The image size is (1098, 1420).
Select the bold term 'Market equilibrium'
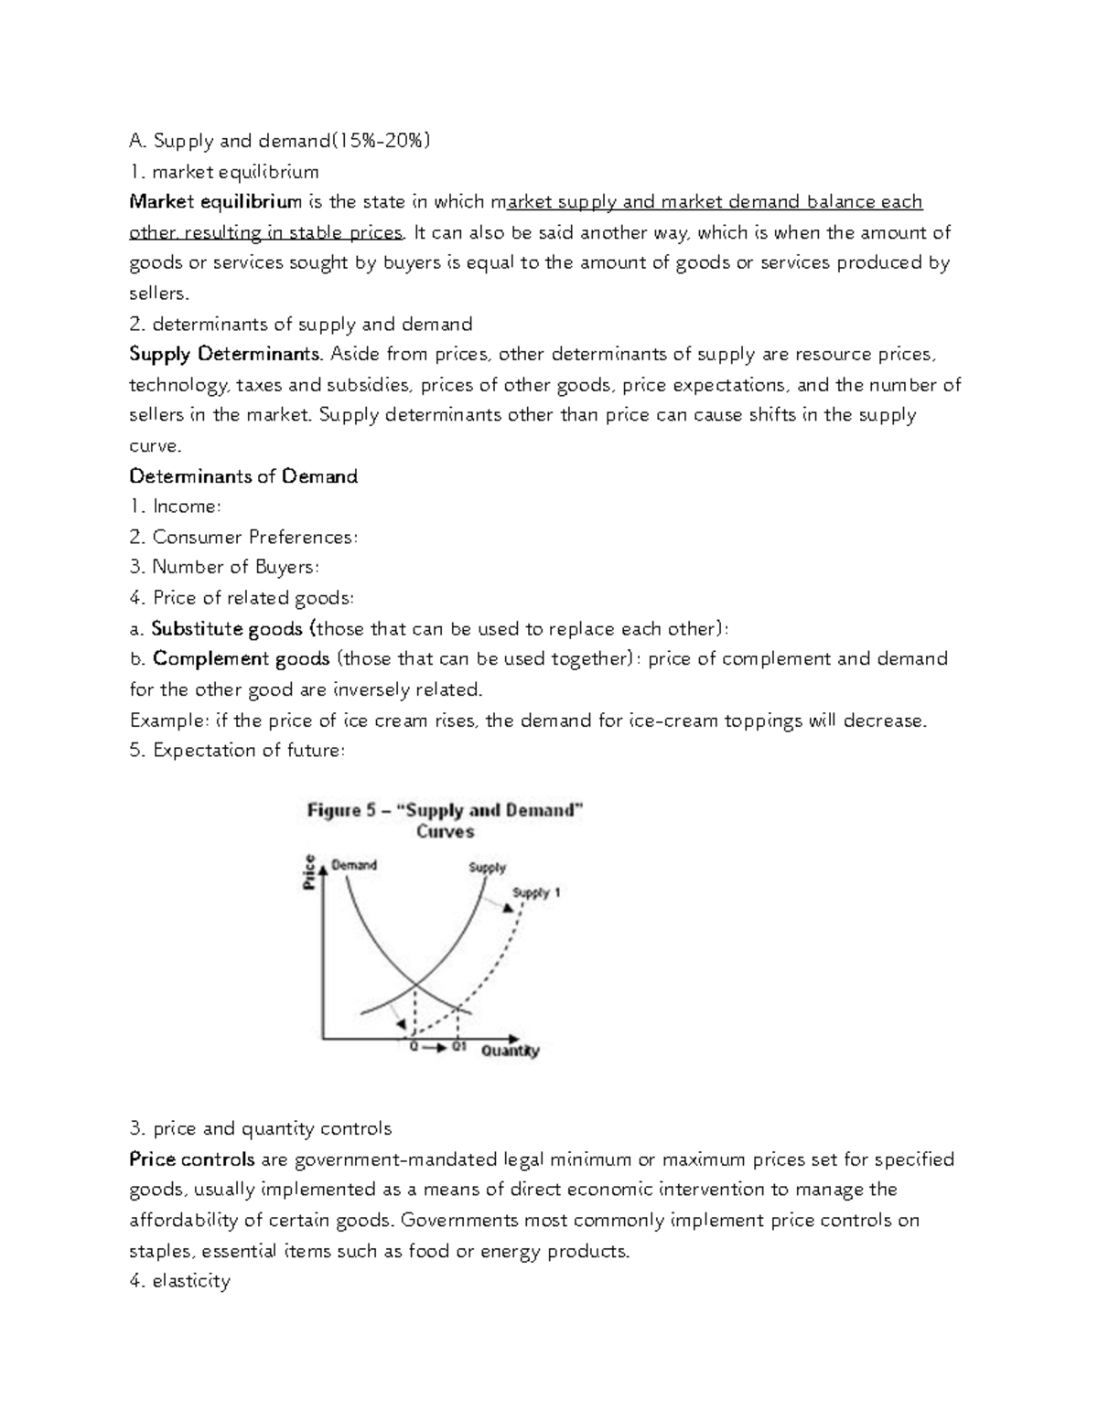(215, 202)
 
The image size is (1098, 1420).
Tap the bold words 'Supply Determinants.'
(226, 354)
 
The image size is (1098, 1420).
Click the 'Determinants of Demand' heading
(243, 476)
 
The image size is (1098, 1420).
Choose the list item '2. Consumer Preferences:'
(243, 537)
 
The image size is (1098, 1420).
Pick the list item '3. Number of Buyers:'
(224, 567)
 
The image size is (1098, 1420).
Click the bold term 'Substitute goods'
(227, 629)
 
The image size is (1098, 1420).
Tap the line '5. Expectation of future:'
(238, 751)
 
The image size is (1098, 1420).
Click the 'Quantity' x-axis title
(511, 1051)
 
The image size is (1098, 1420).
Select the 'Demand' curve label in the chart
(353, 865)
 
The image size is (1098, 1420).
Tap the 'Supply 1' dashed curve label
(536, 892)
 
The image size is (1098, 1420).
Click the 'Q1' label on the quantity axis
(459, 1048)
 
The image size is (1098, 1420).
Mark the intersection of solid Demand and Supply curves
(415, 985)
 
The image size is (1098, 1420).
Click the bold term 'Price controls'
(192, 1159)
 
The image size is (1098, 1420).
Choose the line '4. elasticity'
(179, 1281)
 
